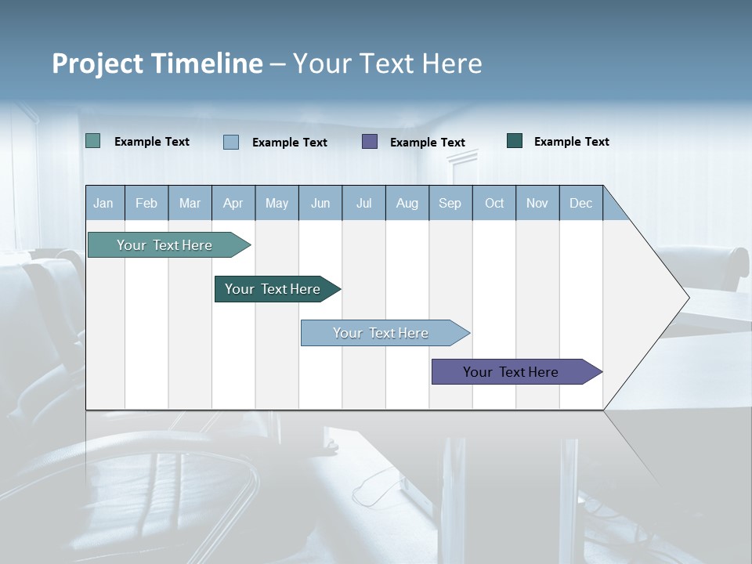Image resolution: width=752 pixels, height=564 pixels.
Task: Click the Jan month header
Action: point(103,203)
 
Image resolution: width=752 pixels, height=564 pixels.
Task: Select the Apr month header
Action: point(233,203)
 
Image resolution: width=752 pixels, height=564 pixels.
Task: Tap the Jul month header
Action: point(363,203)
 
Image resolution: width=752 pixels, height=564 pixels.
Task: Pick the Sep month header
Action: point(450,203)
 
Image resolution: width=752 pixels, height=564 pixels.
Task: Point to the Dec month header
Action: point(580,203)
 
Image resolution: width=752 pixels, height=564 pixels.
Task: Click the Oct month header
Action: point(494,203)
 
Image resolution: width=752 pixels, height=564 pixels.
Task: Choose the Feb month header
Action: point(146,203)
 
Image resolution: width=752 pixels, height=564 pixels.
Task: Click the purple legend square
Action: point(370,141)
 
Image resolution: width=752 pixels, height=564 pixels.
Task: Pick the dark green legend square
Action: point(515,141)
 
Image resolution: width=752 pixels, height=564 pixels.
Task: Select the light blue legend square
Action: point(231,142)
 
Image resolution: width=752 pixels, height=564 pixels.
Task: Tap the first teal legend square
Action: point(92,141)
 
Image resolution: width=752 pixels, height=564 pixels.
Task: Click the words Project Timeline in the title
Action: point(157,63)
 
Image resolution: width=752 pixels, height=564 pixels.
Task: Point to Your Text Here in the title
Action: point(388,63)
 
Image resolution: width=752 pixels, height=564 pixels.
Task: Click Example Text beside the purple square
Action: point(428,142)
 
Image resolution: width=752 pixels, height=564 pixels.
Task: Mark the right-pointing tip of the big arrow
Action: point(687,297)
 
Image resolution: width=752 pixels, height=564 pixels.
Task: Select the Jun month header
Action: point(320,203)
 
